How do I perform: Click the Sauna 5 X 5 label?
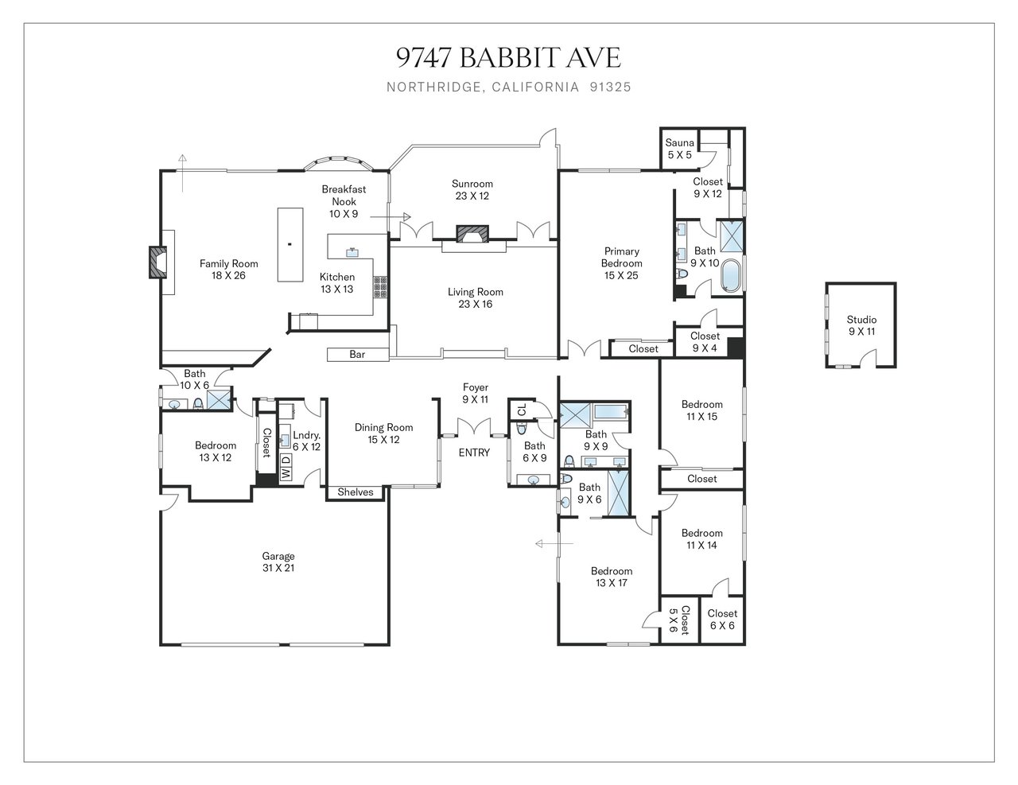pyautogui.click(x=679, y=149)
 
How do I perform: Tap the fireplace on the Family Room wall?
pyautogui.click(x=158, y=262)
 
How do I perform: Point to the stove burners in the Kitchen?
pyautogui.click(x=380, y=287)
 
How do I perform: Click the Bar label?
pyautogui.click(x=357, y=355)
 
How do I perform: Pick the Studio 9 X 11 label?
pyautogui.click(x=861, y=325)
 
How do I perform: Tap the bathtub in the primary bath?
pyautogui.click(x=729, y=275)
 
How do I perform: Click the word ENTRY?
pyautogui.click(x=474, y=453)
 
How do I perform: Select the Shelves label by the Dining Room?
pyautogui.click(x=355, y=492)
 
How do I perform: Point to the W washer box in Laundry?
pyautogui.click(x=286, y=473)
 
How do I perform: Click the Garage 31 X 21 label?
pyautogui.click(x=278, y=562)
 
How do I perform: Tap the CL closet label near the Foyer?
pyautogui.click(x=523, y=410)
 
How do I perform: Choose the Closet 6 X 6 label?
pyautogui.click(x=722, y=620)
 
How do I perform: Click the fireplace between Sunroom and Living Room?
pyautogui.click(x=472, y=234)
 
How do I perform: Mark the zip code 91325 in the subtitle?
pyautogui.click(x=611, y=87)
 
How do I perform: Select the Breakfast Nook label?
pyautogui.click(x=344, y=201)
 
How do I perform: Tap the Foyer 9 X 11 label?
pyautogui.click(x=476, y=394)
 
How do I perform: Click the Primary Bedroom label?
pyautogui.click(x=622, y=263)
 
